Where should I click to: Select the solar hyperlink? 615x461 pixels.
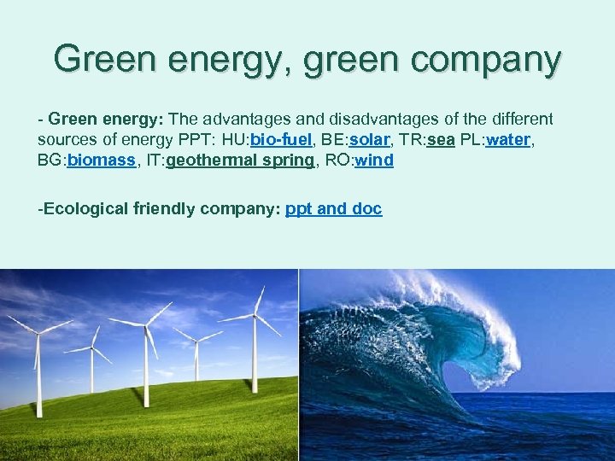[x=370, y=140]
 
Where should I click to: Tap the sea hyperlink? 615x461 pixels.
[x=441, y=140]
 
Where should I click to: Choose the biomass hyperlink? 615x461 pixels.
[x=102, y=160]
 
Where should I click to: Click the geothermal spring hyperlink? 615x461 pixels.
[x=241, y=160]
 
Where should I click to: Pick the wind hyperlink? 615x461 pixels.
[x=373, y=160]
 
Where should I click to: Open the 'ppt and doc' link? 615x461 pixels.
[x=333, y=208]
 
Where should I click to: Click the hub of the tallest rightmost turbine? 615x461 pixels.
[x=255, y=316]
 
